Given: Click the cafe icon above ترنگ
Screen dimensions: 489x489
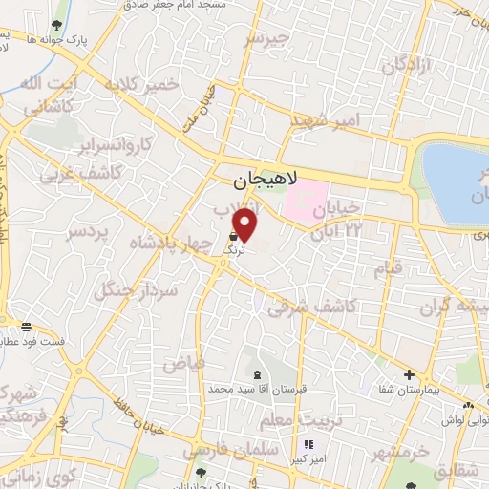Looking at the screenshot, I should click(234, 234).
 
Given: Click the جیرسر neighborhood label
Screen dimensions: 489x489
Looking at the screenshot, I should click(266, 38).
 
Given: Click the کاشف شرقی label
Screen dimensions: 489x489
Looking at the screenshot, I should click(312, 307).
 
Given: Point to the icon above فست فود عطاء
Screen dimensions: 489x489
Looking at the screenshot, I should click(26, 327).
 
